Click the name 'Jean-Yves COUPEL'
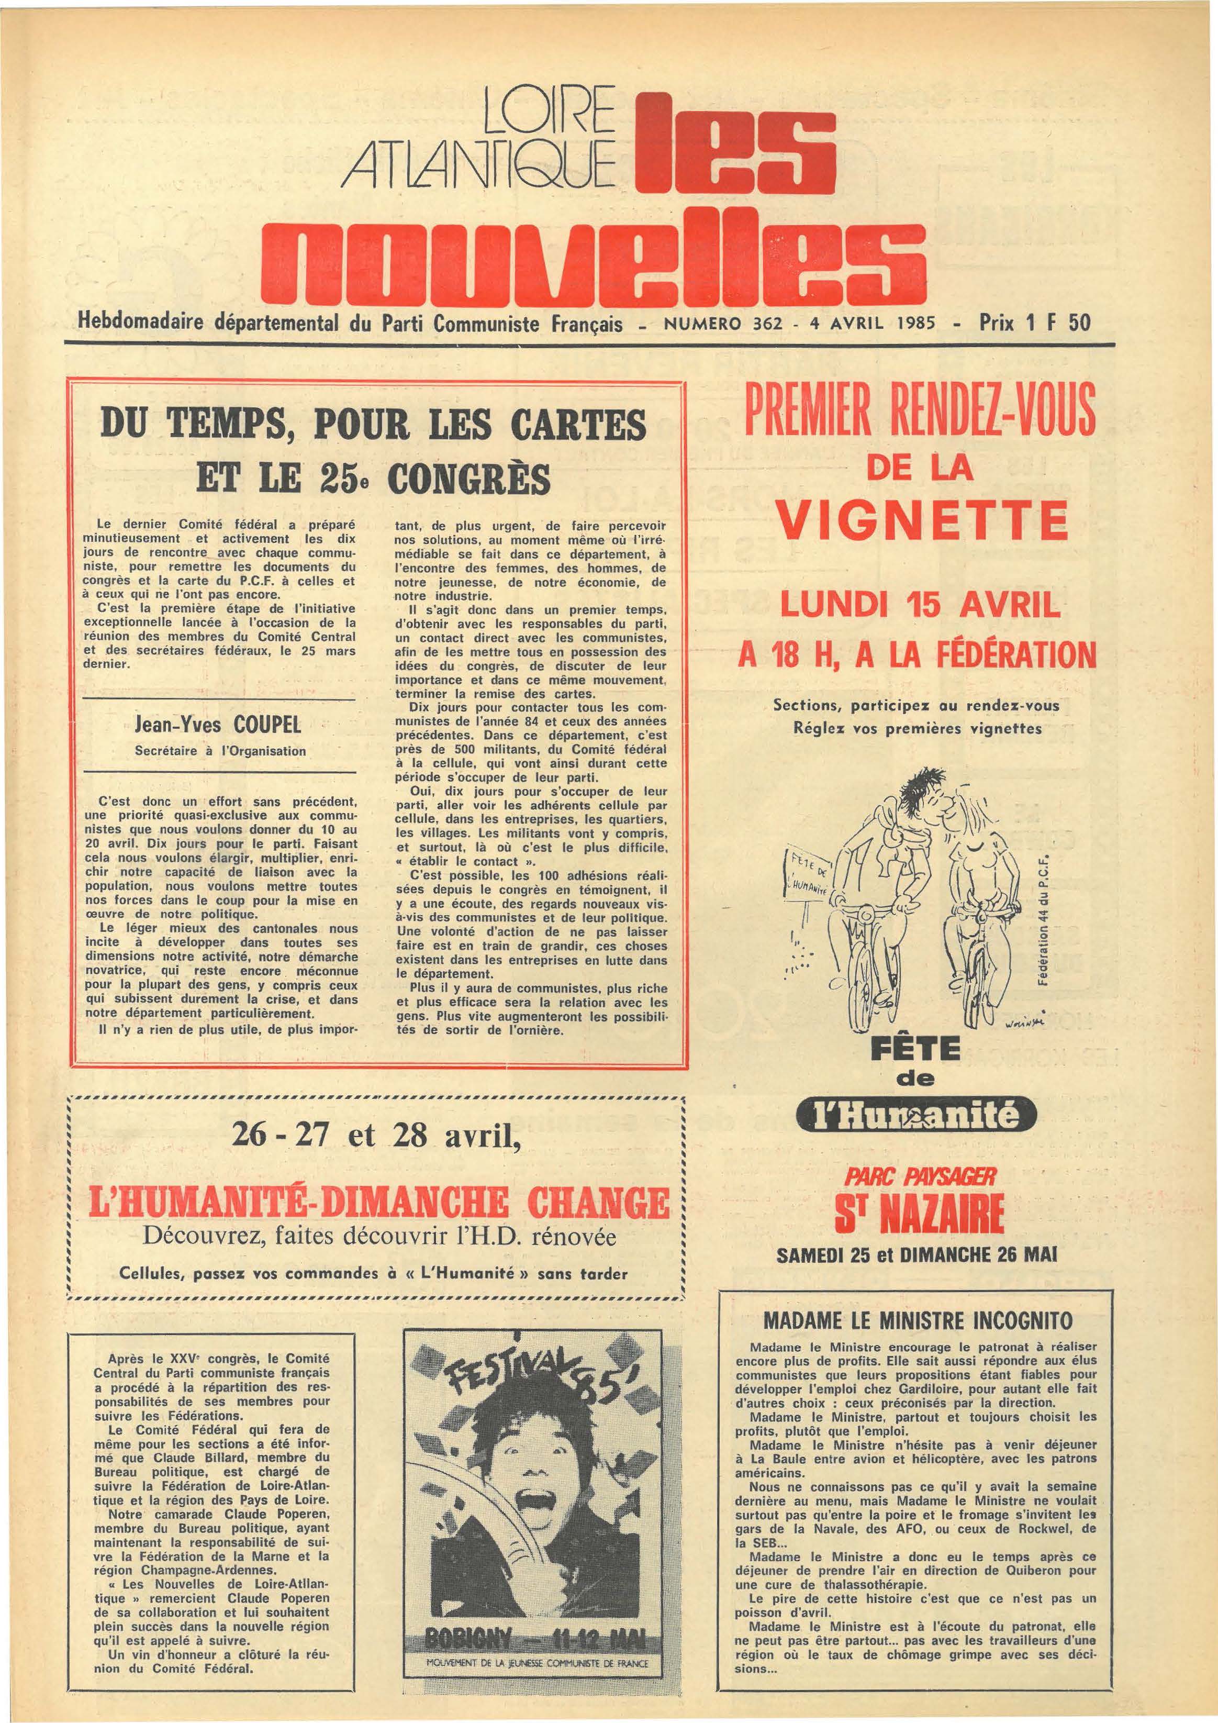218,726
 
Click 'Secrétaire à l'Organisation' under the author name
220,750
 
